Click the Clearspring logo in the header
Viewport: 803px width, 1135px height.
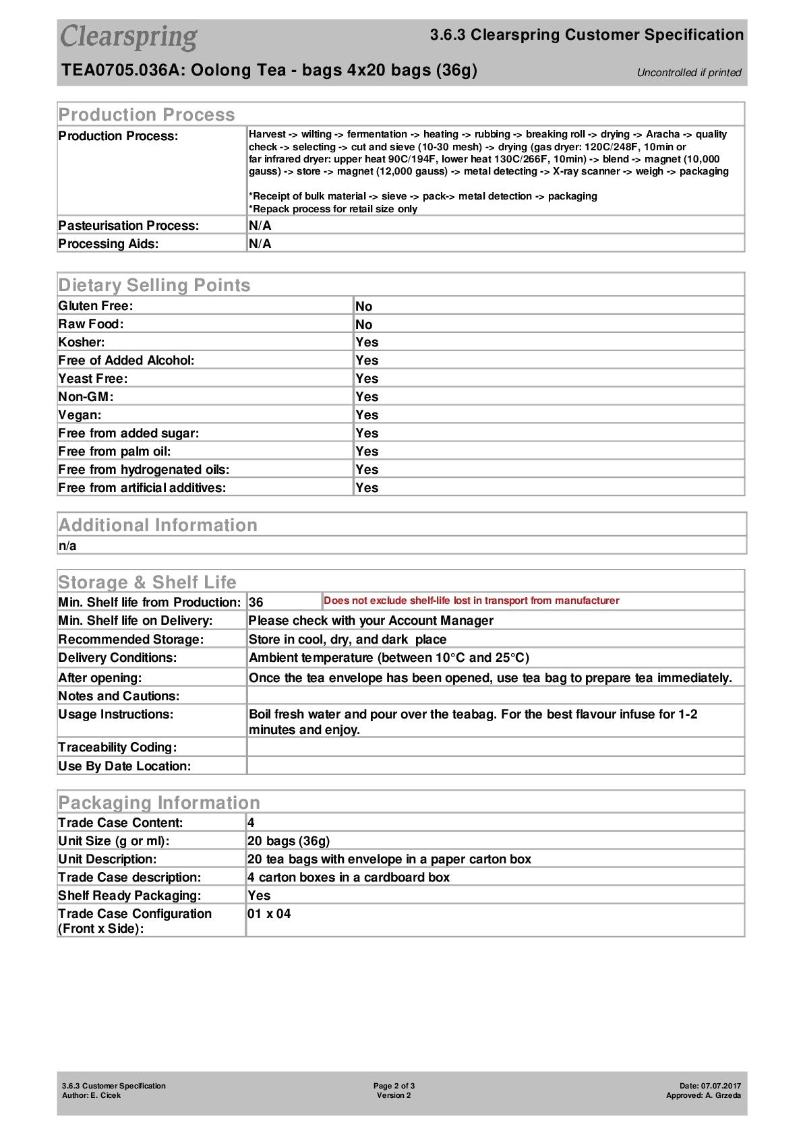click(x=129, y=37)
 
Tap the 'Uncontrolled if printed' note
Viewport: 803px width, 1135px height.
click(x=688, y=73)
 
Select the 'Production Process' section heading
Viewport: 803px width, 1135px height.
click(x=146, y=115)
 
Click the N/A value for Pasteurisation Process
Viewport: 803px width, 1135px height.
click(x=260, y=225)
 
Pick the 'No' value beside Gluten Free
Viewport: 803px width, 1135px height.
click(x=363, y=306)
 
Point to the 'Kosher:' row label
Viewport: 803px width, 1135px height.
click(x=82, y=342)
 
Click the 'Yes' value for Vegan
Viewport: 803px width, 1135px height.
click(x=367, y=415)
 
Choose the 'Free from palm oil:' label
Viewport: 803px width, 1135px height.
click(x=115, y=451)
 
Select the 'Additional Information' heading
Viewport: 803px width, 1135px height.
click(x=158, y=525)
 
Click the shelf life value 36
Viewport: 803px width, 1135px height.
click(x=256, y=602)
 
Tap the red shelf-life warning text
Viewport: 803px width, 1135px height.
click(x=471, y=601)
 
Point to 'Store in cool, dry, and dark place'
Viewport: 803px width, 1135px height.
click(x=347, y=639)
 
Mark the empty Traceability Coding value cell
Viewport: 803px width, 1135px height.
click(x=496, y=747)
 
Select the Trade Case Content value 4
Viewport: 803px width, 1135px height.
click(x=251, y=822)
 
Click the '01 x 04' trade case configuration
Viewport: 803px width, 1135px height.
click(x=269, y=914)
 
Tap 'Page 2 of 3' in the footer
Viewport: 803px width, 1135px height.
click(x=394, y=1086)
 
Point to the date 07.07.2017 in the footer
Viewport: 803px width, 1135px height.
click(x=720, y=1086)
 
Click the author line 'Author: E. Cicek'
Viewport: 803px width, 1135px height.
click(x=92, y=1095)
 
